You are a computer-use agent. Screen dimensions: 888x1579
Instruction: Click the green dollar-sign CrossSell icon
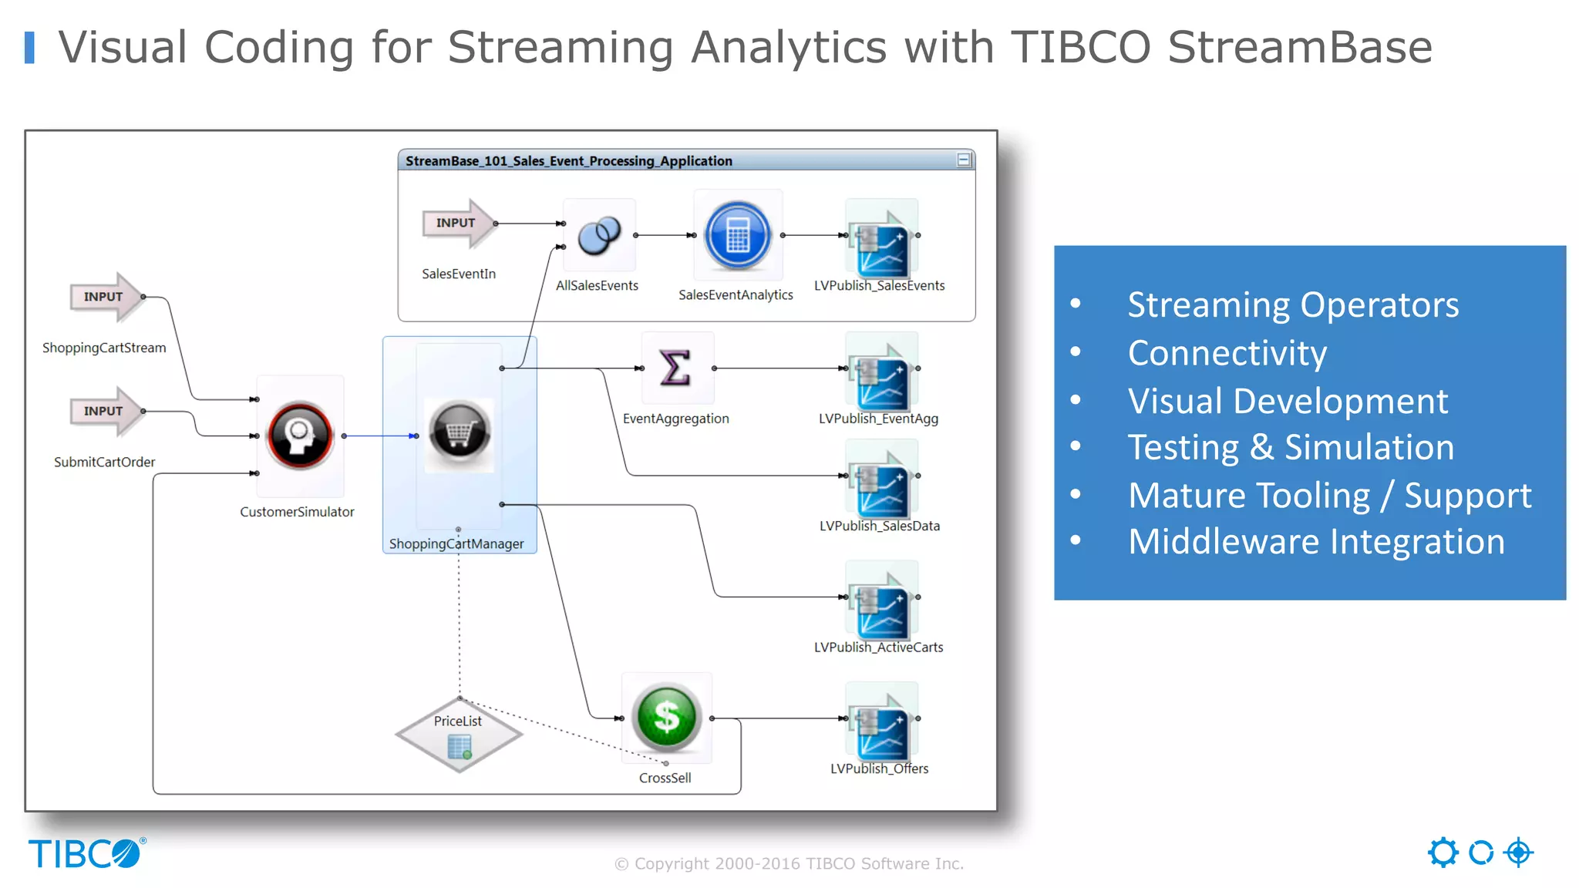point(666,718)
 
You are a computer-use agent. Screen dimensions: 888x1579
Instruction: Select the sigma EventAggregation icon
point(675,368)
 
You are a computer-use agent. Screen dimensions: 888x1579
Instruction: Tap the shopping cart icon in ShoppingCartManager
point(459,432)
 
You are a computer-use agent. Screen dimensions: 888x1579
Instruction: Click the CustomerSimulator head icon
point(300,435)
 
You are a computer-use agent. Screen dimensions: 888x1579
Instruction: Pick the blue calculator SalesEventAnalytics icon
point(738,235)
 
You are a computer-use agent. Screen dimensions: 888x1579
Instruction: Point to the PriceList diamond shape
point(459,735)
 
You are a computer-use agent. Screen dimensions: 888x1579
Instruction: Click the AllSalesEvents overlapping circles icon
point(599,235)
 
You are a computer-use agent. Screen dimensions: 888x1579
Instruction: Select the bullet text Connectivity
point(1227,353)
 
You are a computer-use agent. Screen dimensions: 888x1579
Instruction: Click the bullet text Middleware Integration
point(1315,541)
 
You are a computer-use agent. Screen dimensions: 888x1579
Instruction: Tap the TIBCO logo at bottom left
point(86,854)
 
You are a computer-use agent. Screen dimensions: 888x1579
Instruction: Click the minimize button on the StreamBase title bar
point(963,160)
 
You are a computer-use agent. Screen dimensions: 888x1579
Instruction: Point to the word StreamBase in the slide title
point(1299,47)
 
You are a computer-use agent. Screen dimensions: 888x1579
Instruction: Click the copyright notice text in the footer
point(789,863)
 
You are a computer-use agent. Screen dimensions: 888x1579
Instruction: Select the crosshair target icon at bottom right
point(1518,853)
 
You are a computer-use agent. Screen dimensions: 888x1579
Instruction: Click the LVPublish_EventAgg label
point(878,419)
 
